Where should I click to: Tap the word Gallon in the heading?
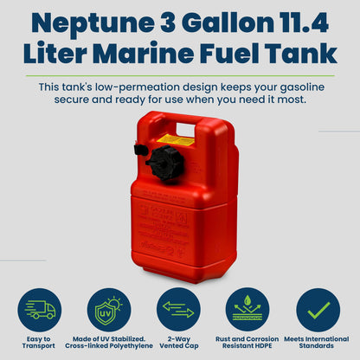click(207, 23)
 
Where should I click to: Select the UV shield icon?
click(111, 309)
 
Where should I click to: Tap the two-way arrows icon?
click(180, 309)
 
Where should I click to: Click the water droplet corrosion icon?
click(249, 309)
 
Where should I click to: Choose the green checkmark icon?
click(318, 309)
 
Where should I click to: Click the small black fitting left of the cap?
click(139, 150)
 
